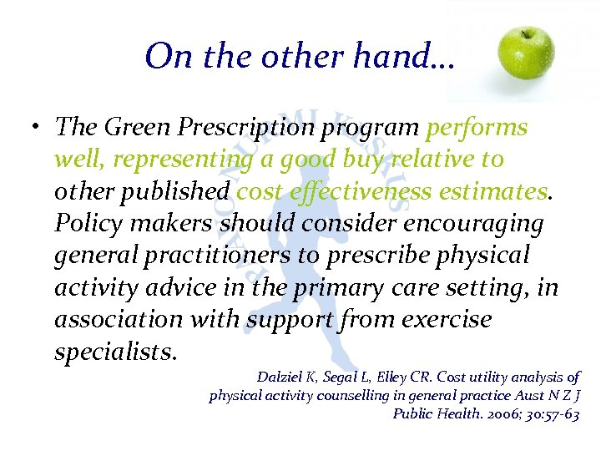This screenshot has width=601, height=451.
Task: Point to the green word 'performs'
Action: [477, 127]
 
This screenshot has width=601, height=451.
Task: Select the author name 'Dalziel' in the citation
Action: [280, 377]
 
